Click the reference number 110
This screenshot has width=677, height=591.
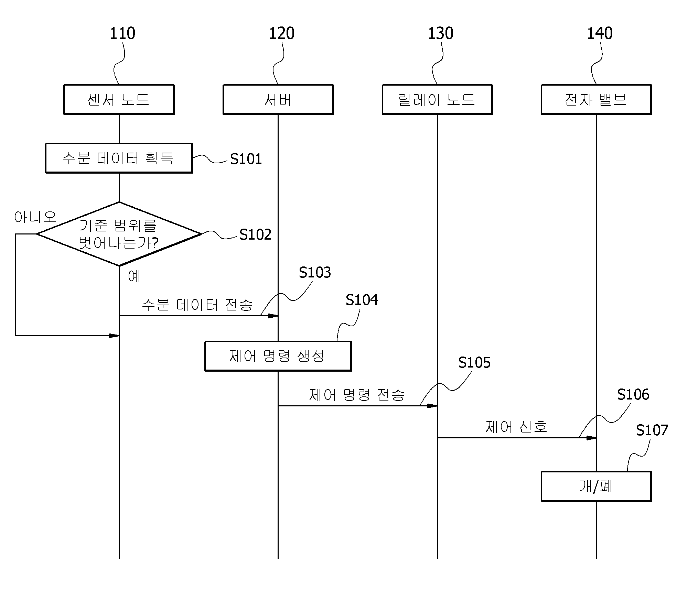122,33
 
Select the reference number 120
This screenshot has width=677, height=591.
281,33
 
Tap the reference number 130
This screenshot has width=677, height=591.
440,33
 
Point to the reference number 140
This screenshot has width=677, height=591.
600,33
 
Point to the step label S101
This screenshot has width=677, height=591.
246,159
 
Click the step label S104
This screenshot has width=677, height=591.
362,300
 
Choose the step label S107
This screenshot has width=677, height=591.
652,430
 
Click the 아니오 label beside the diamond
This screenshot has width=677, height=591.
35,217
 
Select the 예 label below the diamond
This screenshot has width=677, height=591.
134,276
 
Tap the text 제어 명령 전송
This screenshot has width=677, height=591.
357,395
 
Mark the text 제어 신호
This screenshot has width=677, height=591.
516,427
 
